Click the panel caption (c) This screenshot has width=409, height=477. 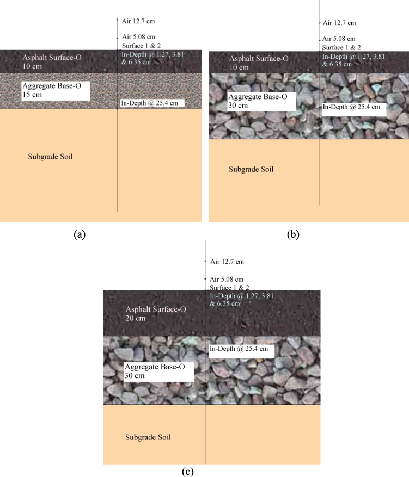(x=187, y=472)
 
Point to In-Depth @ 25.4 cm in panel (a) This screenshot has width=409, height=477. (x=152, y=102)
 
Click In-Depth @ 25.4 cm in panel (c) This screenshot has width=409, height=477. (x=239, y=348)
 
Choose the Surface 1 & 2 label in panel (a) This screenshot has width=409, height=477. (x=141, y=46)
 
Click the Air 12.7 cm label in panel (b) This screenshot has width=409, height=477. (x=339, y=23)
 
